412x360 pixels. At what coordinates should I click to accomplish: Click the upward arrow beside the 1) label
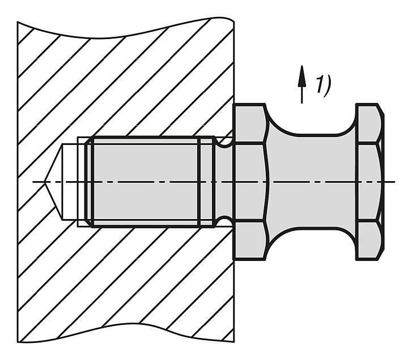tap(302, 84)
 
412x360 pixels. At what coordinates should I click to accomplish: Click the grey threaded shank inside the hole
tap(146, 182)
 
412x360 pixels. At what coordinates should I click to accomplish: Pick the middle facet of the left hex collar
tap(249, 182)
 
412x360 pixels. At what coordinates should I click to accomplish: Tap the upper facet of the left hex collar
tap(249, 124)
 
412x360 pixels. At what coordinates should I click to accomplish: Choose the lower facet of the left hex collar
tap(249, 240)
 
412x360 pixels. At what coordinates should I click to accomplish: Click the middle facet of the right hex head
tap(369, 182)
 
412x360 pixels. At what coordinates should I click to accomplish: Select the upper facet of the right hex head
tap(368, 123)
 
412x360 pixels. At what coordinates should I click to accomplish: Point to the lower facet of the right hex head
tap(368, 241)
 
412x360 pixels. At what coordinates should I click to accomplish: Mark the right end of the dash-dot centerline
tap(394, 182)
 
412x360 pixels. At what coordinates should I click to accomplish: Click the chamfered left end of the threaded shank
tap(88, 182)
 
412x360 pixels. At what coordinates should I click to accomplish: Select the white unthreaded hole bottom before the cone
tap(70, 182)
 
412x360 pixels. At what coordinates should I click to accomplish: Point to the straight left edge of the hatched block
tap(18, 182)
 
